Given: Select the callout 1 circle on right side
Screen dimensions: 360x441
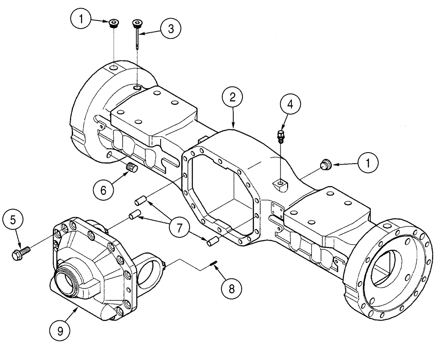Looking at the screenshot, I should [x=368, y=164].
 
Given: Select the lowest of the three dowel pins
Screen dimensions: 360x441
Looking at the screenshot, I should [x=212, y=241].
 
